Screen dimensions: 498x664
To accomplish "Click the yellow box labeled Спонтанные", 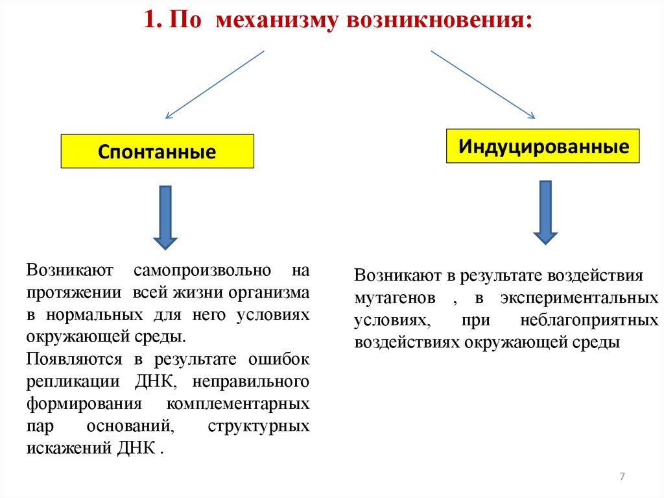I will point(157,151).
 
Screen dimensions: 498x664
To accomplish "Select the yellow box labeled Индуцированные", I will point(543,146).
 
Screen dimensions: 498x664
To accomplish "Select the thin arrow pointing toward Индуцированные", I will point(483,84).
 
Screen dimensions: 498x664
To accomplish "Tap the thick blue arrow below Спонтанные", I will point(165,217).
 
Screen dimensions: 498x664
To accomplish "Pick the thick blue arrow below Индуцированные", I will point(545,212).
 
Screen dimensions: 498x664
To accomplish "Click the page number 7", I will point(622,477).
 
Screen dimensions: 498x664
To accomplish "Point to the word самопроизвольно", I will point(199,269).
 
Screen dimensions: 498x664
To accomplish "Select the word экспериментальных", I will point(576,298).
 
